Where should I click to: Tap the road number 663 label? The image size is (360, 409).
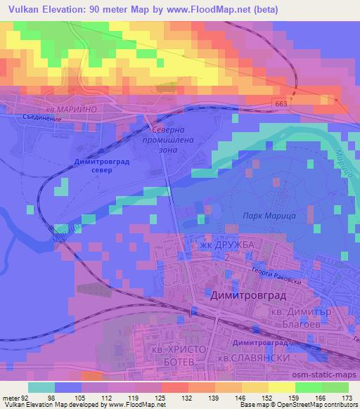281,103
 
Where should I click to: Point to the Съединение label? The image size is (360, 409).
38,119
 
